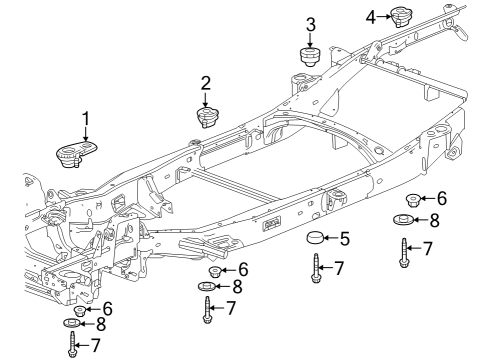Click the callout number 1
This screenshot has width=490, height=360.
pos(85,118)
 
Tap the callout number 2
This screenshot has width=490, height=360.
pos(205,82)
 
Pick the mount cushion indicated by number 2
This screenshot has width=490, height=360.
pos(208,118)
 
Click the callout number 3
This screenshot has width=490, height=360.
pos(310,24)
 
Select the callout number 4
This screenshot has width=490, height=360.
pos(370,16)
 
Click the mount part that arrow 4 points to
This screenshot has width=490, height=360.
pos(401,17)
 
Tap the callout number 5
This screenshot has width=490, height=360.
pos(344,239)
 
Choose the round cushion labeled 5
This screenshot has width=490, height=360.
pos(317,239)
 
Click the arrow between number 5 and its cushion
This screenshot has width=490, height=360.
pos(333,239)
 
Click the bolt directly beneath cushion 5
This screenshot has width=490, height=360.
pos(315,268)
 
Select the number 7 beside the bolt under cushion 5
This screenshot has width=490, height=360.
pos(340,267)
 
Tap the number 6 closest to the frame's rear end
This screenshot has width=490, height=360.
pos(440,198)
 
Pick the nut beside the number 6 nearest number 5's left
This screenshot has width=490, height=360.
pos(214,270)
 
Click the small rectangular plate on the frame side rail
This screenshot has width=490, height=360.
pos(270,225)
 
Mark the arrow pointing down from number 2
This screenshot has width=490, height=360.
pos(206,99)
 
